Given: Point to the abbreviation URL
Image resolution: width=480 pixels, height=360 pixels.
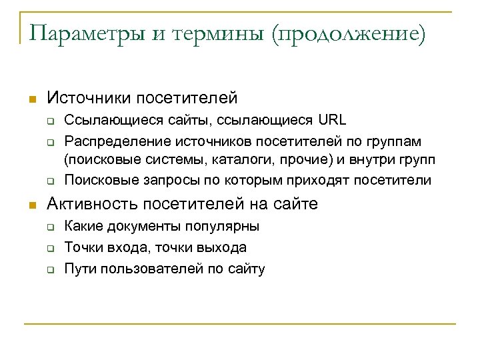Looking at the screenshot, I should (x=333, y=120).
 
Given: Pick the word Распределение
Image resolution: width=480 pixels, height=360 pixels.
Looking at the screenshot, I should (x=119, y=141).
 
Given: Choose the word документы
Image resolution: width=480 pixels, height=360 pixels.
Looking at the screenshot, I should (x=138, y=226).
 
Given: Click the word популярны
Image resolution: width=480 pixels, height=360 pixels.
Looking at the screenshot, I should (x=224, y=226).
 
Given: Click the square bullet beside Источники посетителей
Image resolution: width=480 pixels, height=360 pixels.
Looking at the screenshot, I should (x=30, y=99).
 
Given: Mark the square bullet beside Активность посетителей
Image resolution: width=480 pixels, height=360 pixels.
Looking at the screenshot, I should (x=30, y=205).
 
